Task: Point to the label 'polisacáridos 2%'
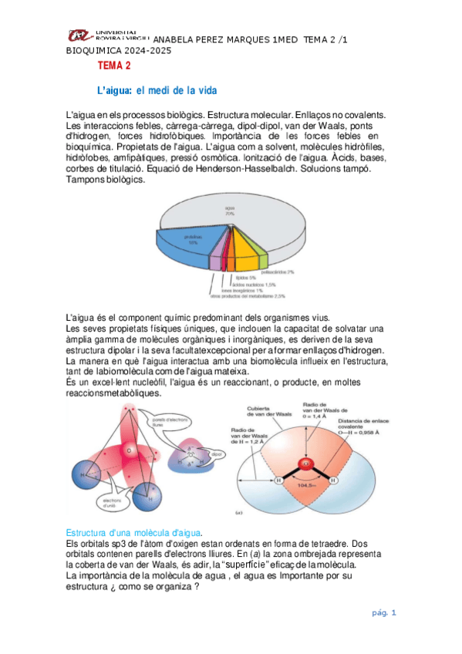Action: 278,271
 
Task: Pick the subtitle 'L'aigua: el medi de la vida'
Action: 152,90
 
